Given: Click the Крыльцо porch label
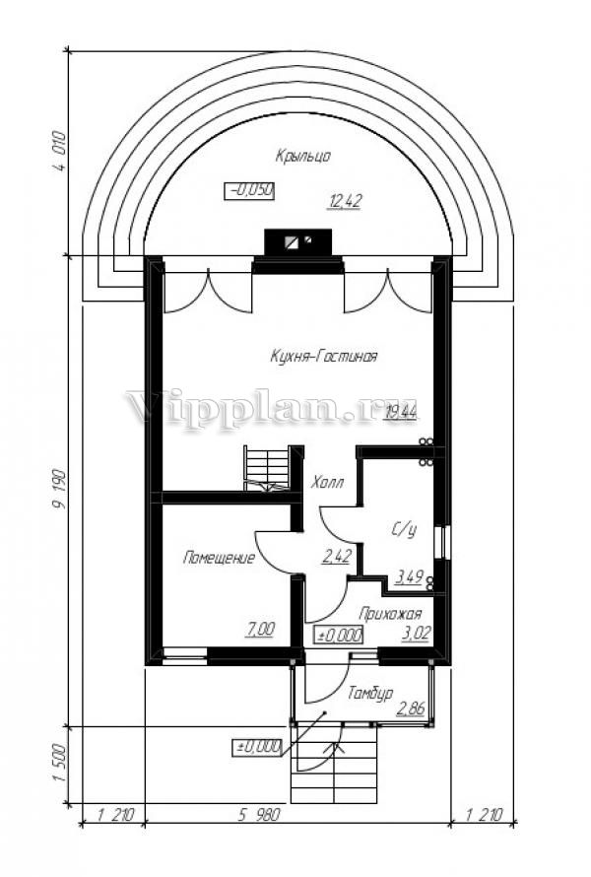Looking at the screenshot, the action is pyautogui.click(x=302, y=156).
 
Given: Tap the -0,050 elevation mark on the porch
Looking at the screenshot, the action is pyautogui.click(x=249, y=191).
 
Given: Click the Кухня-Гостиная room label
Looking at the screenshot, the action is pyautogui.click(x=323, y=357).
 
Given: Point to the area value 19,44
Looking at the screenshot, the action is pyautogui.click(x=400, y=412).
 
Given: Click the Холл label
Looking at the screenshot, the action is pyautogui.click(x=327, y=482).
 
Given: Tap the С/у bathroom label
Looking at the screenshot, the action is pyautogui.click(x=403, y=530).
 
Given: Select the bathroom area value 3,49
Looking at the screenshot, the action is pyautogui.click(x=410, y=576).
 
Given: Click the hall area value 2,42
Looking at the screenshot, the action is pyautogui.click(x=336, y=556).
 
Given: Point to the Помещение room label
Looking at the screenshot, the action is pyautogui.click(x=220, y=558).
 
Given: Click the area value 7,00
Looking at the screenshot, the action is pyautogui.click(x=260, y=630).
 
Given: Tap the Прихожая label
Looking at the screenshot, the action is pyautogui.click(x=389, y=614).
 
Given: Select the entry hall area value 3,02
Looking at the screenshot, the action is pyautogui.click(x=416, y=634).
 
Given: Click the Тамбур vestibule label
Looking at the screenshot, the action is pyautogui.click(x=369, y=693).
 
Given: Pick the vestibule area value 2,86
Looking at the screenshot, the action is pyautogui.click(x=411, y=708).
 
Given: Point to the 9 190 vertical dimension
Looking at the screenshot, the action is pyautogui.click(x=59, y=490).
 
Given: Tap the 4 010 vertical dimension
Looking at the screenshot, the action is pyautogui.click(x=59, y=151).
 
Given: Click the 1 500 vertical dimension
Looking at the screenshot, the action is pyautogui.click(x=59, y=765).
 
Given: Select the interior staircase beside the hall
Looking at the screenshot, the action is pyautogui.click(x=267, y=468).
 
